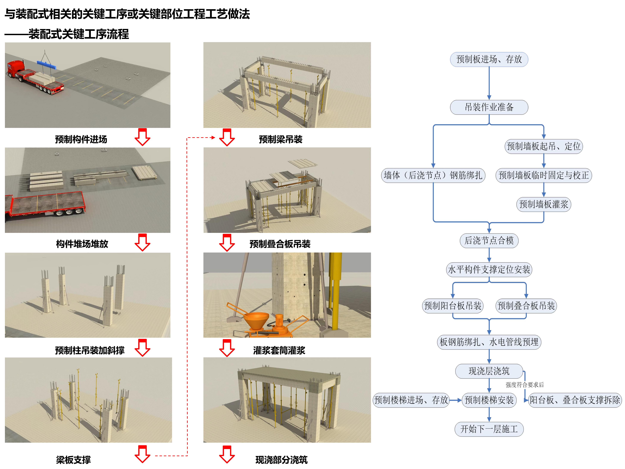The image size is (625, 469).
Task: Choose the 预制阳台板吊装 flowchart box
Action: (x=453, y=306)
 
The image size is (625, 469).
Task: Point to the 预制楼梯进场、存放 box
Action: (x=411, y=400)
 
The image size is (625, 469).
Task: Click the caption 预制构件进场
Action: (x=81, y=139)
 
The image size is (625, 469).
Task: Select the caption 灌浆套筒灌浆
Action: (x=279, y=350)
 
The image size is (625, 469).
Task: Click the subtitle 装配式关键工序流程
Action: (x=79, y=34)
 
